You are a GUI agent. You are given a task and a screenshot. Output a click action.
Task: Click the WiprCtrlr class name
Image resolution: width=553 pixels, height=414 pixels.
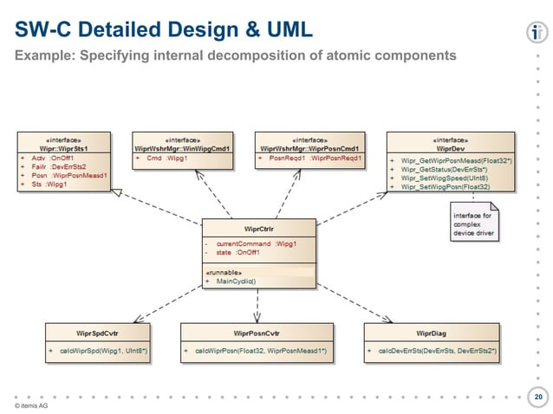257,229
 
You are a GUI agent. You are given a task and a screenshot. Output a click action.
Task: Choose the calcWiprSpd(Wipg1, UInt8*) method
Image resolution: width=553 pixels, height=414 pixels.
102,350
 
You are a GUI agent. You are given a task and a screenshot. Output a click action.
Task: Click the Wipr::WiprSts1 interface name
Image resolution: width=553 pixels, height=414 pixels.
64,148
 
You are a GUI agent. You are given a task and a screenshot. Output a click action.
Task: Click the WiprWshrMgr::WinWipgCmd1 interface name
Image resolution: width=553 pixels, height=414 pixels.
182,148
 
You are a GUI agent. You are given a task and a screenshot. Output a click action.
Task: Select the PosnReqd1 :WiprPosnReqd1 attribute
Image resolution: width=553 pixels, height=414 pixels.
308,159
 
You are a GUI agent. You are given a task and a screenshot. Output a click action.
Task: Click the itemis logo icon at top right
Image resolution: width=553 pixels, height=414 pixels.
535,33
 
